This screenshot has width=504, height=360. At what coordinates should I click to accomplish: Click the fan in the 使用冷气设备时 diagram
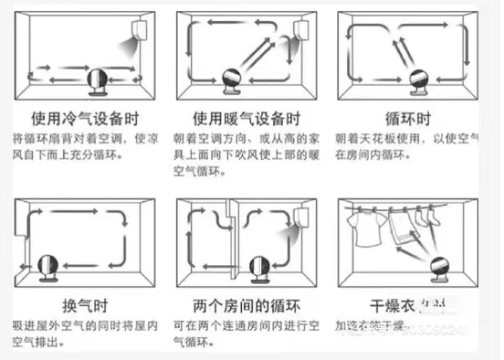click(x=94, y=82)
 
